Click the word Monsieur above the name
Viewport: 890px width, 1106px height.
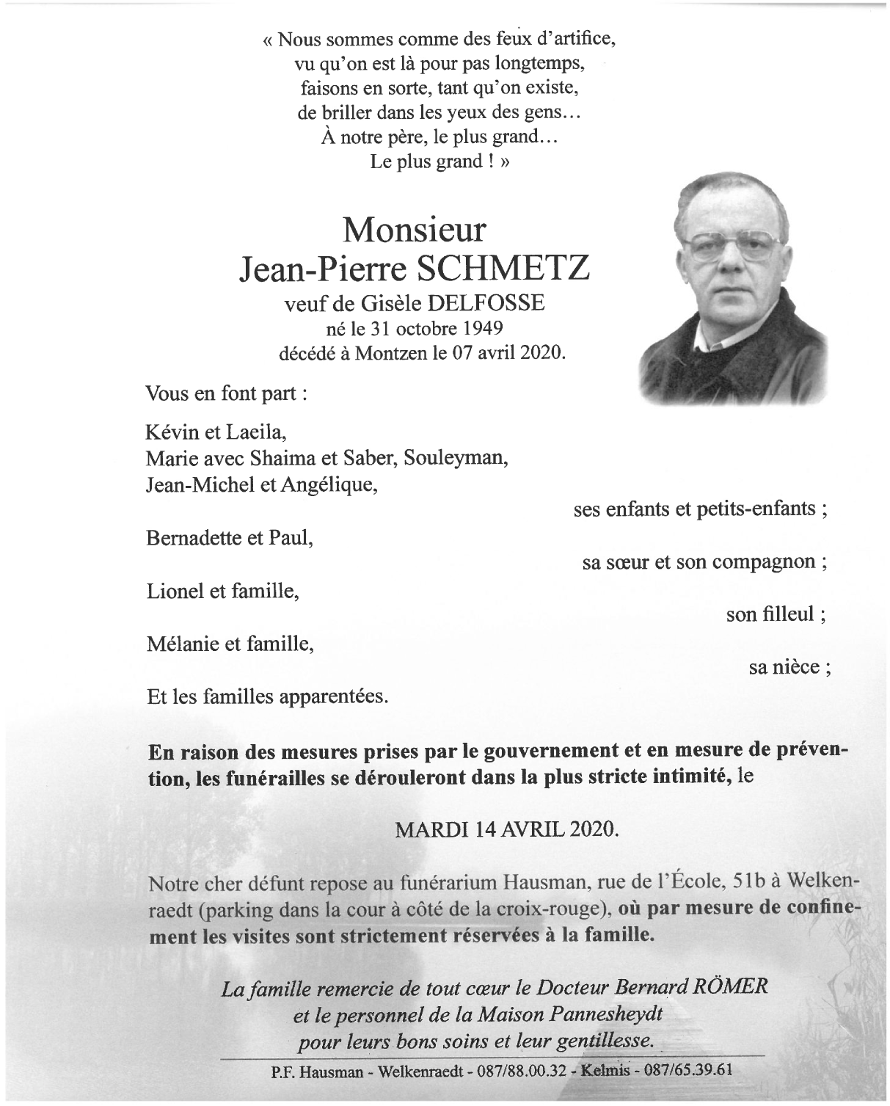[414, 230]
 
